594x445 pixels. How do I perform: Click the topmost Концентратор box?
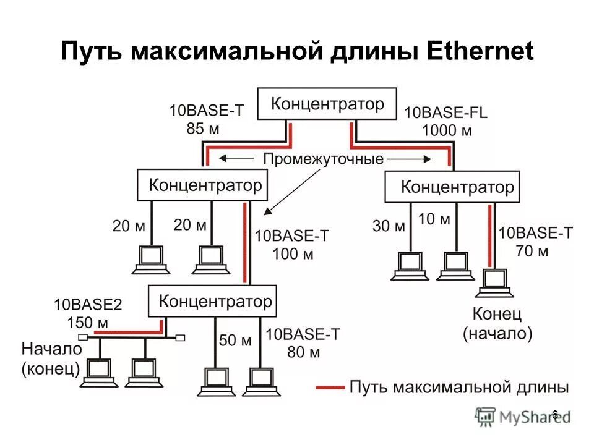327,103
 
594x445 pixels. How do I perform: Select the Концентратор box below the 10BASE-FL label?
452,187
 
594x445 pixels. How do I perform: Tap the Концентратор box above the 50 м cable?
212,301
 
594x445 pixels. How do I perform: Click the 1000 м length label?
447,130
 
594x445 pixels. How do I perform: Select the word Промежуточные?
324,158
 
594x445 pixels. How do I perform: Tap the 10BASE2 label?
87,305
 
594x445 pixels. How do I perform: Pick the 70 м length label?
533,251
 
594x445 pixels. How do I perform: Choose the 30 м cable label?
389,226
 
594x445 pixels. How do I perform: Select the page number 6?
554,414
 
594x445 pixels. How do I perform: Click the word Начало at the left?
52,348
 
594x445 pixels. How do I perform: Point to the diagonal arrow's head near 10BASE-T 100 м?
267,213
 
